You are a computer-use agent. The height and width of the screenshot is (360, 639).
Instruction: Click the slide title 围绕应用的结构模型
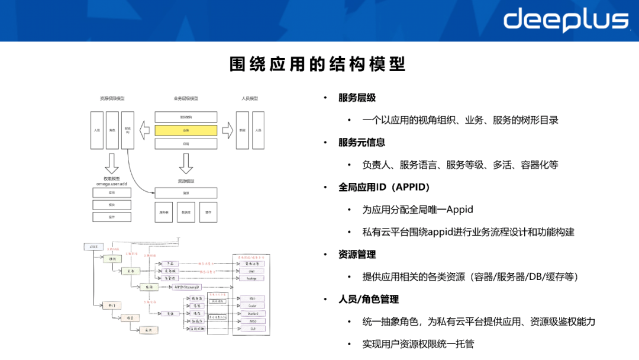[318, 64]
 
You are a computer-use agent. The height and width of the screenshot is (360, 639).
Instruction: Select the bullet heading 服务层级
[357, 98]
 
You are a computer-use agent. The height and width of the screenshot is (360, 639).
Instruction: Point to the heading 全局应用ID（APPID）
[384, 187]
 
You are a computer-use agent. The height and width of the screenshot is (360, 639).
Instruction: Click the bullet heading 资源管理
[357, 255]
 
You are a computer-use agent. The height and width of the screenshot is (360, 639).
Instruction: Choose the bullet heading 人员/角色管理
[369, 300]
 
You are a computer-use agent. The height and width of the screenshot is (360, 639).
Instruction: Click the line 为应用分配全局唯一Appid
[418, 210]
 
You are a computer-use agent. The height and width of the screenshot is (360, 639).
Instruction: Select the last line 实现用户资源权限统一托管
[418, 344]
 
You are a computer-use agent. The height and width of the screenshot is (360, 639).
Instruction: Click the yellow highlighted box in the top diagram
[186, 130]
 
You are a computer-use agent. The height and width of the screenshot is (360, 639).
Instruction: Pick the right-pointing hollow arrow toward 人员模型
[227, 130]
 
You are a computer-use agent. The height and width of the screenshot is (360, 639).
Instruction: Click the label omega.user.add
[111, 184]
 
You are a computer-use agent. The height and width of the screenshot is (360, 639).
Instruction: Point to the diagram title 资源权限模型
[112, 99]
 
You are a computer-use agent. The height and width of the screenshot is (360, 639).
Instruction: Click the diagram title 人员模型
[250, 99]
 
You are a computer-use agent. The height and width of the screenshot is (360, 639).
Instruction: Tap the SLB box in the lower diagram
[252, 329]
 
